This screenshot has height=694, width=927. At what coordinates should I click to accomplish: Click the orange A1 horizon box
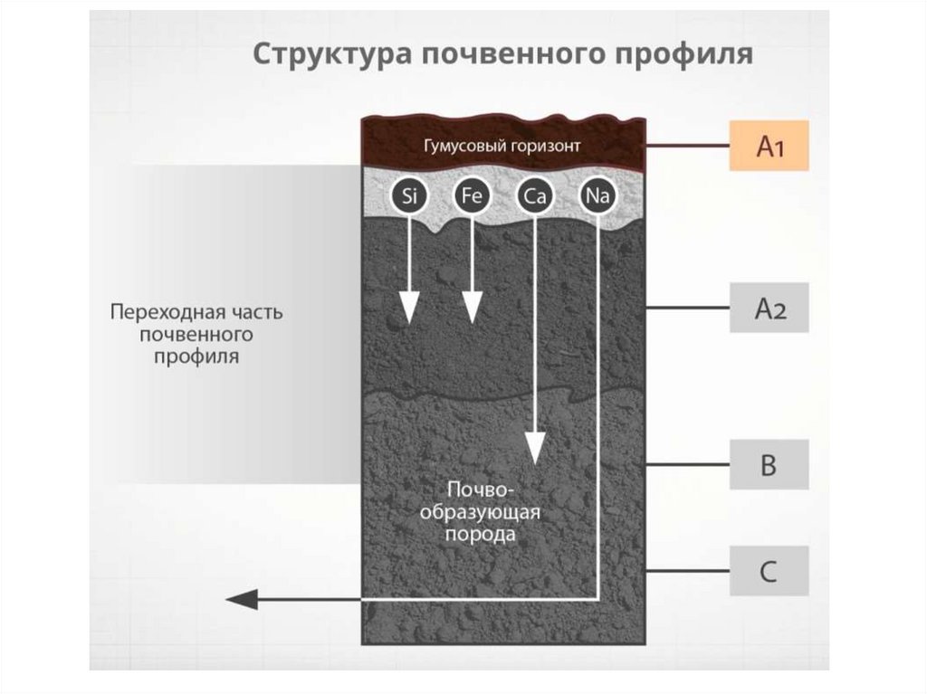coord(769,146)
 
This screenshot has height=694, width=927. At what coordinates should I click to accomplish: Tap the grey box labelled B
coord(769,465)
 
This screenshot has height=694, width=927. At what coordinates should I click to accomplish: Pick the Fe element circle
coord(471,196)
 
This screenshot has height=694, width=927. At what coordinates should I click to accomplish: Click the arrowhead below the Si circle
coord(407,310)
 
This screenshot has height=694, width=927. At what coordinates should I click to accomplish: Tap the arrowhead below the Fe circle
coord(471,310)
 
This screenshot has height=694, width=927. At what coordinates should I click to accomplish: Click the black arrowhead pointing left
coord(241,598)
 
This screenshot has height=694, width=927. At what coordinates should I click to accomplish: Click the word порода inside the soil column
coord(481,535)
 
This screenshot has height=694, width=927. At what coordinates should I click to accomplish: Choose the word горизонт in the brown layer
coord(542,146)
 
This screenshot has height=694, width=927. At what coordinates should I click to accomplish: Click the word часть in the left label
coord(256,312)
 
